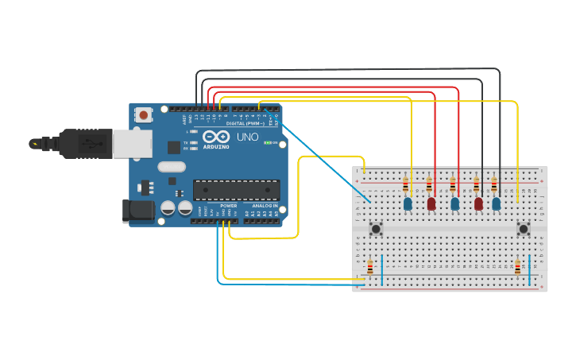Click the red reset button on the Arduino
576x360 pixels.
click(143, 115)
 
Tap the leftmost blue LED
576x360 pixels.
click(408, 204)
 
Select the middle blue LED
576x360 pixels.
click(454, 204)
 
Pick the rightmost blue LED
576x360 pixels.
click(497, 204)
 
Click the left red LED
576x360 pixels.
click(431, 204)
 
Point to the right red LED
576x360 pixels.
click(478, 204)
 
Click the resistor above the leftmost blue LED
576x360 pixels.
click(406, 186)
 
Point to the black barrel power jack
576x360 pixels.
click(137, 210)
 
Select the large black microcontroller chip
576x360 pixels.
click(236, 190)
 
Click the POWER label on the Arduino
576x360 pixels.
click(228, 205)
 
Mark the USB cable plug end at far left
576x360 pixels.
click(36, 144)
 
